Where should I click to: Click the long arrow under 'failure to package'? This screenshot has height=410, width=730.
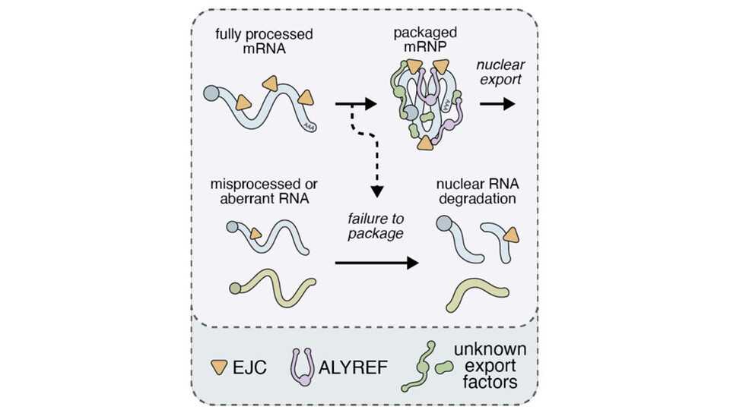[x=376, y=263]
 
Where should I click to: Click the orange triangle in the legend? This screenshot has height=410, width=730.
[x=219, y=368]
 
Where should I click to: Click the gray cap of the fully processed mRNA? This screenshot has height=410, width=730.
[x=212, y=94]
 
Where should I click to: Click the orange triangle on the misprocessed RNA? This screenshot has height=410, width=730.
[x=255, y=233]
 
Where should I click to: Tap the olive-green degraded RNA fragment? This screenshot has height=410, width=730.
[x=479, y=293]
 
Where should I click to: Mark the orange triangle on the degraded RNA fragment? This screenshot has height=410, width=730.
[x=511, y=236]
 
